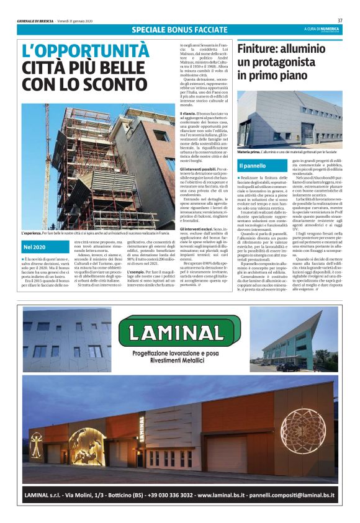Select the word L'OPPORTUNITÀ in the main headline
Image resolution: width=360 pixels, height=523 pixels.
tap(86, 50)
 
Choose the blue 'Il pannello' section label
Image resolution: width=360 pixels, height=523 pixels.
tap(253, 166)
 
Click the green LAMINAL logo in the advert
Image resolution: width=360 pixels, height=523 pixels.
tap(179, 333)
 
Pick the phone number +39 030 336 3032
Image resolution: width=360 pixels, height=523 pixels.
tap(177, 495)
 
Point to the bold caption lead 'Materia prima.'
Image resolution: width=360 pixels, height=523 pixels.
tap(251, 151)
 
